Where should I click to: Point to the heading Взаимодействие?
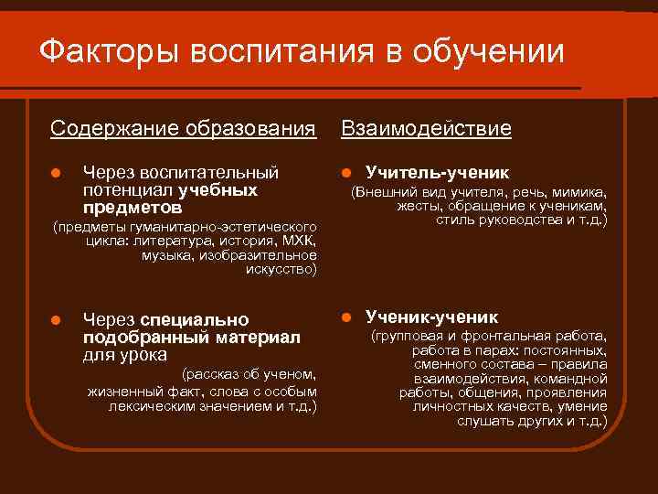425,128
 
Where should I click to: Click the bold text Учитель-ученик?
438,173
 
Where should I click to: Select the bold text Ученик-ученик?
432,317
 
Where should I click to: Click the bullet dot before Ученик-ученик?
346,318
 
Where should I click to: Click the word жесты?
417,206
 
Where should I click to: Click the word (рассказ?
211,373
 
